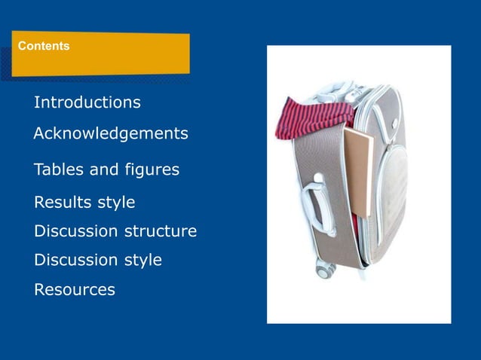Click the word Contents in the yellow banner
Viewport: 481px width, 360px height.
coord(44,46)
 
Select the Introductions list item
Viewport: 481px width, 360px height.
coord(87,102)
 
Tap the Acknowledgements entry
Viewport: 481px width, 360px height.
coord(111,134)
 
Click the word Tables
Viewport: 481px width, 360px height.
coord(58,169)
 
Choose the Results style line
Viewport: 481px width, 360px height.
coord(84,203)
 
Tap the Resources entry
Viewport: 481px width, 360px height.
coord(75,289)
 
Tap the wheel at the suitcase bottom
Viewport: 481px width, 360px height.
coord(325,267)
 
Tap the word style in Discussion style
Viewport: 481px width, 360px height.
coord(142,261)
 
